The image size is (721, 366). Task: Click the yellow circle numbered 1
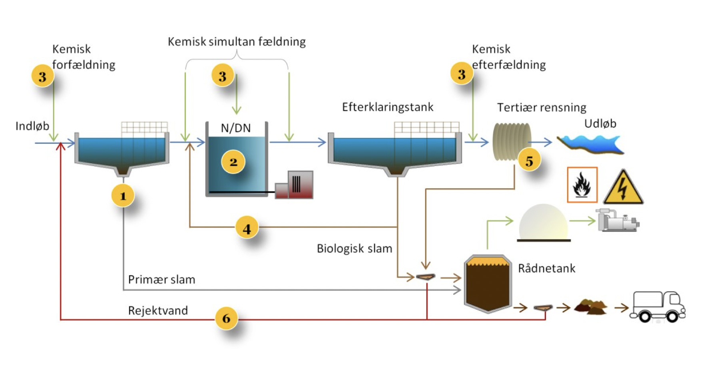[x=123, y=196]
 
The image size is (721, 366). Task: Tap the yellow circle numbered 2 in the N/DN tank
[x=233, y=162]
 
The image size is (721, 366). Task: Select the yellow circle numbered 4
[x=247, y=229]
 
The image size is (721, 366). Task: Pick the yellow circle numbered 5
[x=529, y=161]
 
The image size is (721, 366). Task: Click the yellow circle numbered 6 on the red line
[x=226, y=318]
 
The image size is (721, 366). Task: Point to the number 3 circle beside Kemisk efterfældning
[x=462, y=74]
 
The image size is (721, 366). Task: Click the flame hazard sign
[x=582, y=185]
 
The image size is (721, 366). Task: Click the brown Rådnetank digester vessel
[x=488, y=284]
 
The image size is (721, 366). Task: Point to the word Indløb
[x=32, y=126]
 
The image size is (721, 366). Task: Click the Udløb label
[x=600, y=124]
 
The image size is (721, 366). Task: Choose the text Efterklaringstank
[x=387, y=107]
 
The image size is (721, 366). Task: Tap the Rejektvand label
[x=158, y=311]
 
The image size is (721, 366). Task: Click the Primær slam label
[x=161, y=280]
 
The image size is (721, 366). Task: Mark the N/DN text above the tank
[x=236, y=128]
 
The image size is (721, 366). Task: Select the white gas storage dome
[x=543, y=223]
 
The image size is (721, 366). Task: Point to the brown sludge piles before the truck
[x=591, y=307]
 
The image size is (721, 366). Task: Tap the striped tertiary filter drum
[x=512, y=142]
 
